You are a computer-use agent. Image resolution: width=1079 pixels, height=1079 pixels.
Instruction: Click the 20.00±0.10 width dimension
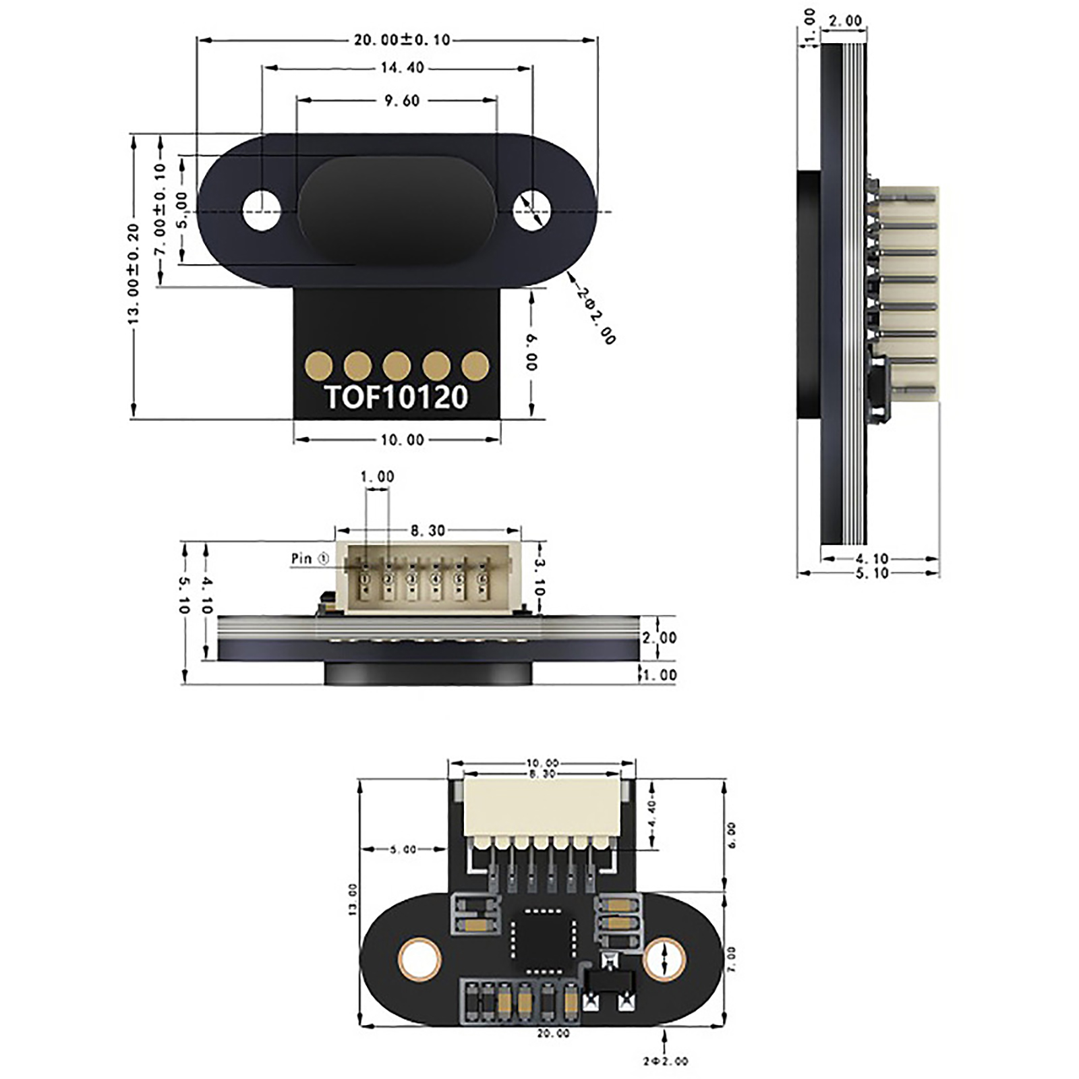point(402,40)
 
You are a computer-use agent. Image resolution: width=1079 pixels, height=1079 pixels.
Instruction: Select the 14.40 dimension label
point(402,67)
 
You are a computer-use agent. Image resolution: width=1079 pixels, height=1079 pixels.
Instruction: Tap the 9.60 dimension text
point(402,100)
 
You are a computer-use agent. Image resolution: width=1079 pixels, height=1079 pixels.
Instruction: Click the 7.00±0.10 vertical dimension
point(160,209)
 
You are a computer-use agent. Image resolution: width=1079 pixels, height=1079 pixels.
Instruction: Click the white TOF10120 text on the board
point(397,397)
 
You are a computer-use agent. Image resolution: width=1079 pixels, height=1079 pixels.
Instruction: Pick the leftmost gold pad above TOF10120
point(318,366)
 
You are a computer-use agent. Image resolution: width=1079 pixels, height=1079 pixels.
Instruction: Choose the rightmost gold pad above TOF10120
point(475,366)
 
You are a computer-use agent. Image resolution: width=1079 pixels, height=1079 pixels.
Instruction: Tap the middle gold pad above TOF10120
point(397,366)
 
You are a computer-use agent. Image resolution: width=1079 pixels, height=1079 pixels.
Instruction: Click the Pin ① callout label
point(310,558)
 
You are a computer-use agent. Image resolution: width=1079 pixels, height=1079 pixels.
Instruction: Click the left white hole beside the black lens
point(262,210)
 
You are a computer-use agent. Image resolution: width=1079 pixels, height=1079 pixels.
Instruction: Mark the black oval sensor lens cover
point(397,210)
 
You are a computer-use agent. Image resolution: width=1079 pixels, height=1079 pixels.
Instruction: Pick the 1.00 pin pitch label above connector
point(377,477)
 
